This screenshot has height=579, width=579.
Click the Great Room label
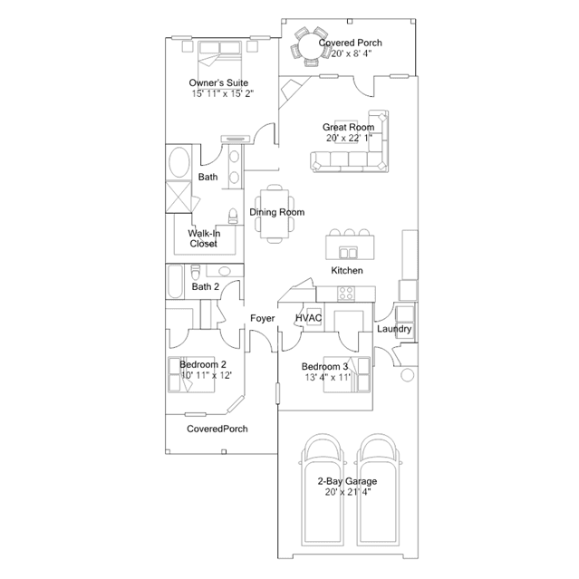click(348, 128)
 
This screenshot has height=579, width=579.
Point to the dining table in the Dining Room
click(273, 214)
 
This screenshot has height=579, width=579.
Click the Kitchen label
click(346, 271)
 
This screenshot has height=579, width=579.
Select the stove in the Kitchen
click(346, 292)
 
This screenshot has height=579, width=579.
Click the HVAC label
click(308, 318)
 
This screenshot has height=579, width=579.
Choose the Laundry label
click(395, 329)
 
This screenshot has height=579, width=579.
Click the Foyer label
click(262, 318)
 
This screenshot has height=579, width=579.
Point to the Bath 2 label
click(206, 287)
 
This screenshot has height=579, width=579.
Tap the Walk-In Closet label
click(202, 238)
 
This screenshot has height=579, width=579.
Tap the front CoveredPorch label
click(217, 429)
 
